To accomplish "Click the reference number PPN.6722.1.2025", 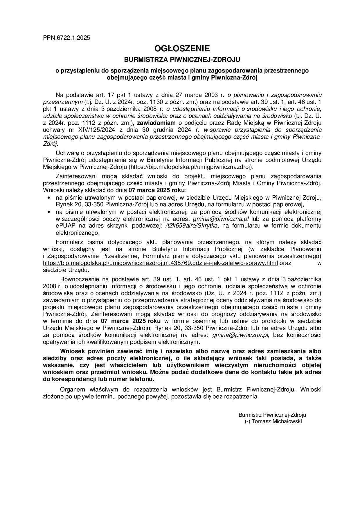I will [66, 38].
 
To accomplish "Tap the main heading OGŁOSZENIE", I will [182, 48].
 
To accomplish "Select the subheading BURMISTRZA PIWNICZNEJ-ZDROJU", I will [182, 60].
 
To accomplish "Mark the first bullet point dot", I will [48, 198].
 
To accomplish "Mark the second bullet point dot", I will [48, 212].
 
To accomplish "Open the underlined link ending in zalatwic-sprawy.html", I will [160, 263].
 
